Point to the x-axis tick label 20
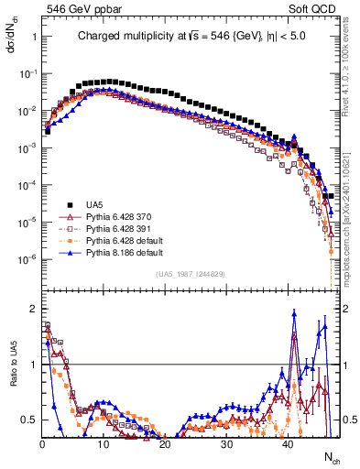pos(165,444)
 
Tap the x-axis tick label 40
pos(288,444)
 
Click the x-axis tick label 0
pos(42,444)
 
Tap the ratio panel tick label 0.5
pos(28,420)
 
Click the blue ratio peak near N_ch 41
pos(294,312)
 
